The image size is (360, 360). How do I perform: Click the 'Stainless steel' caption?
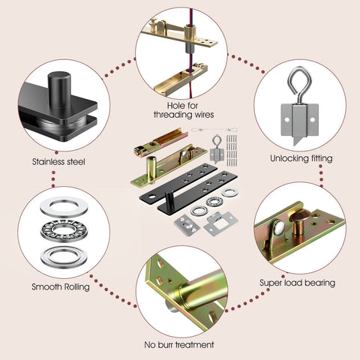click(x=58, y=161)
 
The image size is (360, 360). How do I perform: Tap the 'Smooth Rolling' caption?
click(x=58, y=286)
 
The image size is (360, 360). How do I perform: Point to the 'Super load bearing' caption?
click(x=297, y=283)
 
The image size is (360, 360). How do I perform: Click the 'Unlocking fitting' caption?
click(x=300, y=159)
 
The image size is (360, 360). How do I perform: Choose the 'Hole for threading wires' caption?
click(x=183, y=109)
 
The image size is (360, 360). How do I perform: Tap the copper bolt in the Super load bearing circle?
click(x=296, y=224)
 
